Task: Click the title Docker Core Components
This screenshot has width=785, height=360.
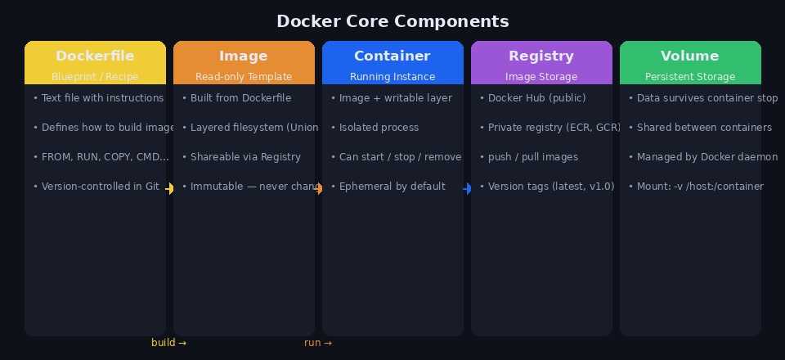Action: click(x=392, y=21)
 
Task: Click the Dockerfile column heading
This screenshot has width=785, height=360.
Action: click(x=95, y=56)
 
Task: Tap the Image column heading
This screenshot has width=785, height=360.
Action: click(x=244, y=56)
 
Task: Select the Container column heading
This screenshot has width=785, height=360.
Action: click(x=392, y=56)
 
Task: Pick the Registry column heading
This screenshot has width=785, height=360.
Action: click(x=541, y=56)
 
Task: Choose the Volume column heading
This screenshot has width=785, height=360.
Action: click(x=690, y=56)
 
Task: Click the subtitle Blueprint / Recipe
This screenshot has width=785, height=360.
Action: click(x=95, y=77)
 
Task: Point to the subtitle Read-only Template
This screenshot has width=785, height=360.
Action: click(x=244, y=77)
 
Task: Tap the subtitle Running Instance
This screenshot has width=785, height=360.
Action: click(x=392, y=77)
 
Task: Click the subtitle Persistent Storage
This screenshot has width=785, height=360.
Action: click(x=690, y=77)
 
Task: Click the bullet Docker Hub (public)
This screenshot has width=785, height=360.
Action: click(x=532, y=98)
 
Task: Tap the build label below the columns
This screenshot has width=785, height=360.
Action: click(x=168, y=343)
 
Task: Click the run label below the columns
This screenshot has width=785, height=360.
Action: click(x=317, y=343)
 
